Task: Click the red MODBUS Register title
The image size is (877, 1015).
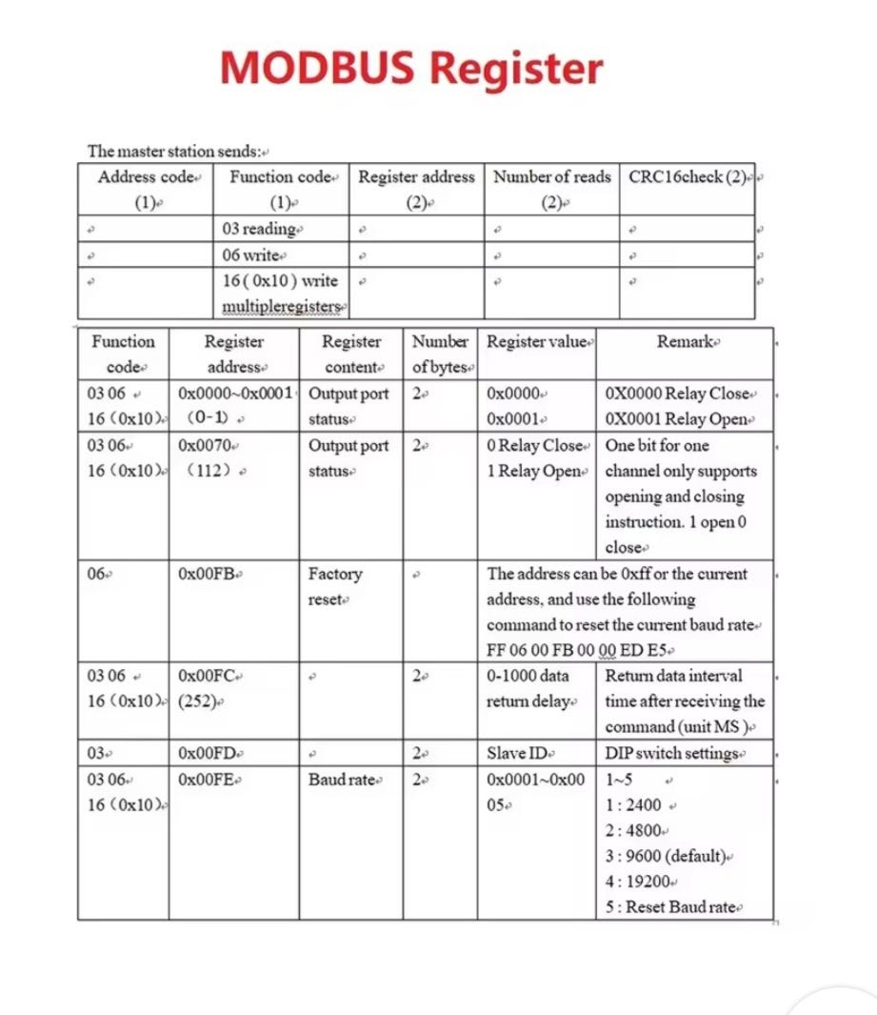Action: point(411,68)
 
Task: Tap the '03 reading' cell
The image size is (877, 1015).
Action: point(259,230)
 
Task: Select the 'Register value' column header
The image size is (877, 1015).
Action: point(540,342)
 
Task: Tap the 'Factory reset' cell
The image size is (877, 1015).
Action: point(335,587)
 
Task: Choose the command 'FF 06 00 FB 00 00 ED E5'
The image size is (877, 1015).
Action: point(579,651)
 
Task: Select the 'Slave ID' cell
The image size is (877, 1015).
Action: point(519,753)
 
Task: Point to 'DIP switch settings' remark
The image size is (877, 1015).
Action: point(674,753)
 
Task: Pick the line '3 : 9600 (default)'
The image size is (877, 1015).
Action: point(669,856)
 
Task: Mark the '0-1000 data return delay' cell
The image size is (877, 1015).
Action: point(529,688)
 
